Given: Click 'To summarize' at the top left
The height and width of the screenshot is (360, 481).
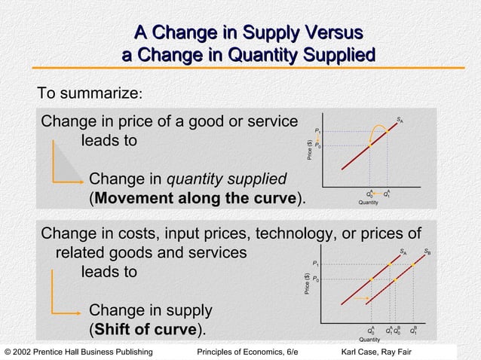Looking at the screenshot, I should (90, 94).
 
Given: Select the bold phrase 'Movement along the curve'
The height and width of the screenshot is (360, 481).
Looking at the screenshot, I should (196, 199).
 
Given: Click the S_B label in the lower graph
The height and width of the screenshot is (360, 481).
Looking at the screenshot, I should (427, 252).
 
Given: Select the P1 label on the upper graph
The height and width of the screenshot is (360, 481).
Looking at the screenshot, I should (319, 131).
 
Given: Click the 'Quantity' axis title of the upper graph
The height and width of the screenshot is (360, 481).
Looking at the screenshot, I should (369, 202).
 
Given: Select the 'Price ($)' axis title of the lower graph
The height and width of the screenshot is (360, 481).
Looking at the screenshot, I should (308, 291).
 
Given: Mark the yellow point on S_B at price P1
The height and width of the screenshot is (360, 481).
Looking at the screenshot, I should (412, 264).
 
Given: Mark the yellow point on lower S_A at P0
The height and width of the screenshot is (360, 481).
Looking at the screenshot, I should (372, 279).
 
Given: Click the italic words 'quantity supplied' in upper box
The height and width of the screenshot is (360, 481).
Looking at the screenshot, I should (226, 179).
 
